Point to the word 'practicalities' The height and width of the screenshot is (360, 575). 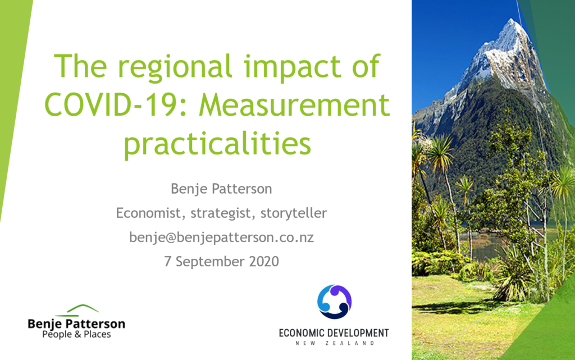217,144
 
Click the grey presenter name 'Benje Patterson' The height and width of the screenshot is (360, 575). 221,189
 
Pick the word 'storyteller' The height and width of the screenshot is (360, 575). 293,213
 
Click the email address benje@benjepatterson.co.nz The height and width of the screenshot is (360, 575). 221,238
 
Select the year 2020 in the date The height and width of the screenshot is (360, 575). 264,261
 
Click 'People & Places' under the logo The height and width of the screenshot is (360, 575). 76,334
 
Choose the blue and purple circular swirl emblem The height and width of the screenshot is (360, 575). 335,302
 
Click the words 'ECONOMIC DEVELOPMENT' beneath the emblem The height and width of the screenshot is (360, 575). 334,333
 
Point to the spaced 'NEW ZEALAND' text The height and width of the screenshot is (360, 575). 335,343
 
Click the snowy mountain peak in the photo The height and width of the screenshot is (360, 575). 513,28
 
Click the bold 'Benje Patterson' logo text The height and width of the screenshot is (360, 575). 76,323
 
